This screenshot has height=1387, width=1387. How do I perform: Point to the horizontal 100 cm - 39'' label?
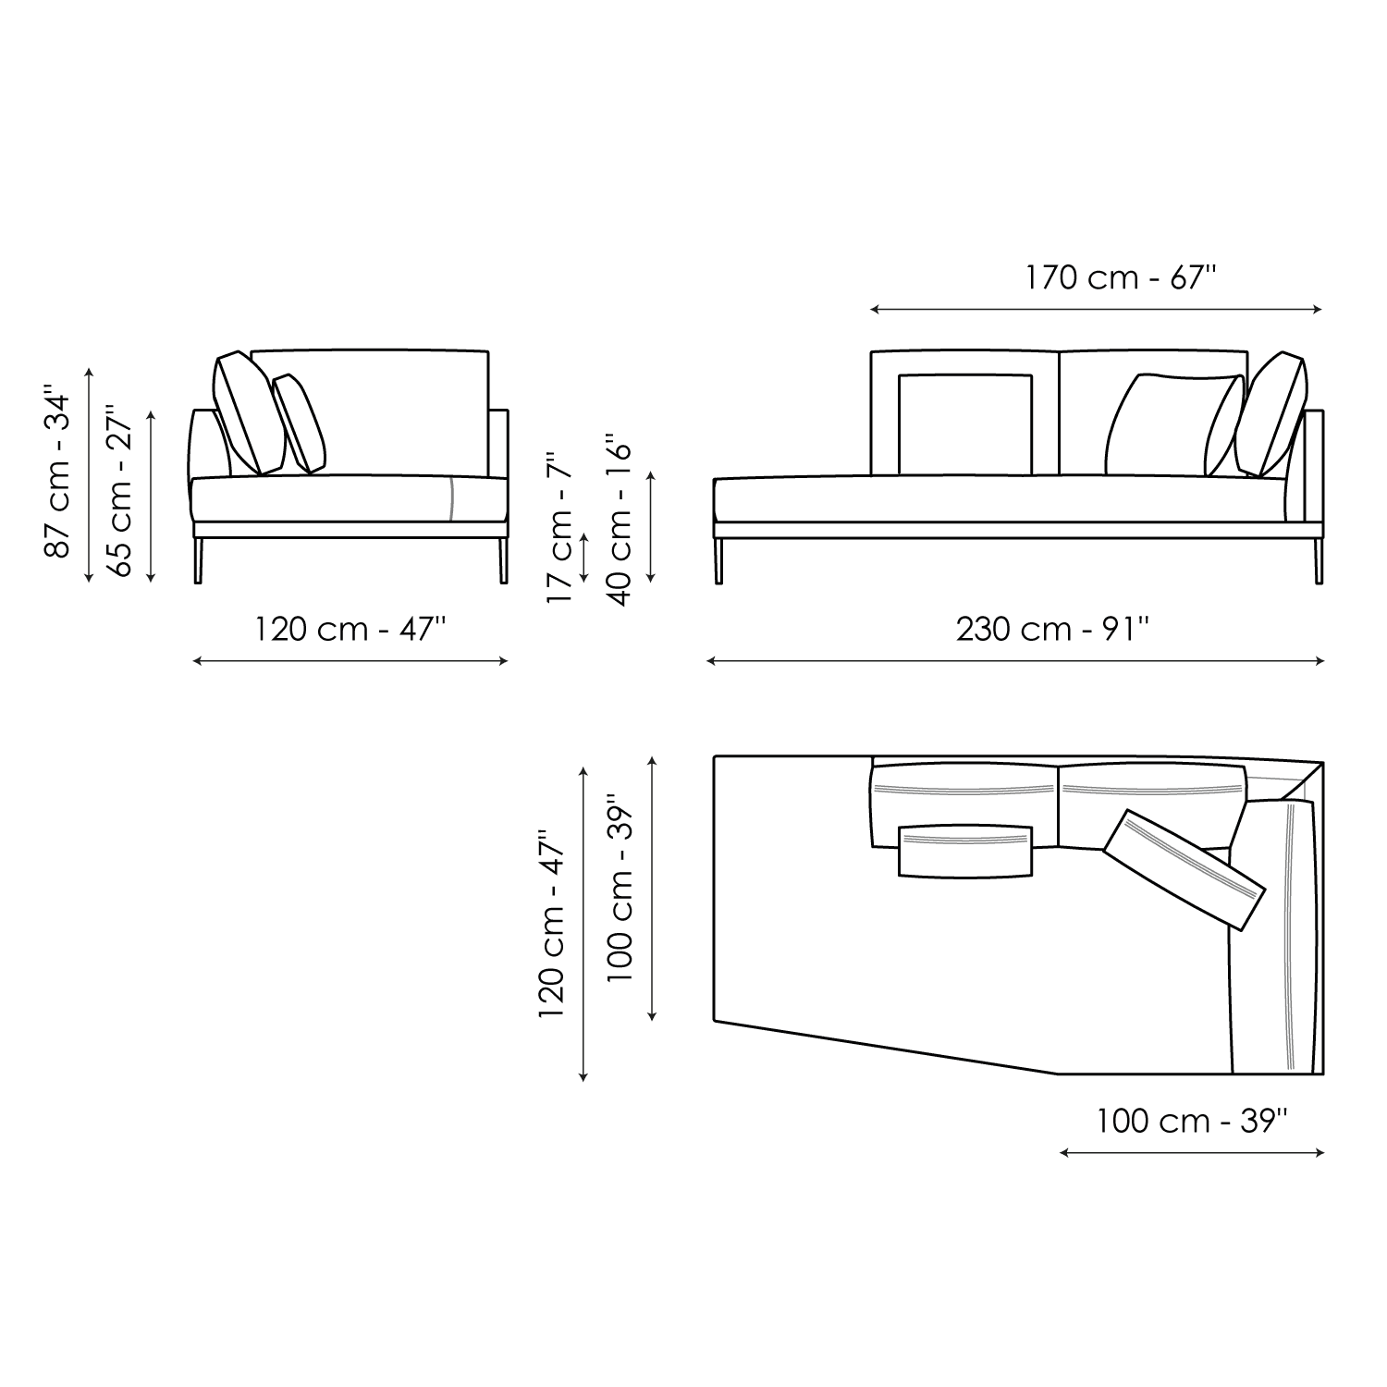(x=1192, y=1121)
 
